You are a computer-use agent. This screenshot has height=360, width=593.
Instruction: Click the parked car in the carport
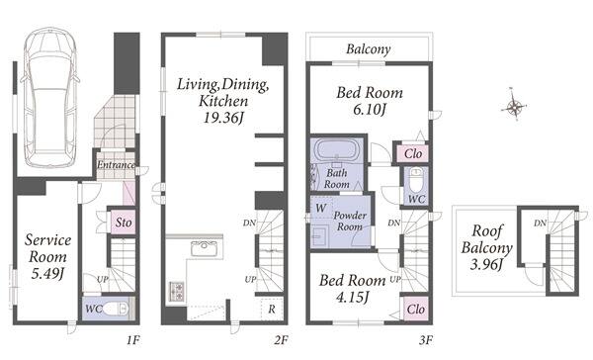click(50, 97)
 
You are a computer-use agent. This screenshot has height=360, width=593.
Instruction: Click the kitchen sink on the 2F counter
click(205, 248)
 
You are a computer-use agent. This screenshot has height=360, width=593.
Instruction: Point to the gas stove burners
click(176, 291)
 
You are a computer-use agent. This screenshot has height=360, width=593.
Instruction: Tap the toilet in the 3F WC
click(416, 177)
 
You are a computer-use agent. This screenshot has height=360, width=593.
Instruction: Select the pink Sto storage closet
click(124, 222)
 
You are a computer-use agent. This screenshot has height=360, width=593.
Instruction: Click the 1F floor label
click(132, 340)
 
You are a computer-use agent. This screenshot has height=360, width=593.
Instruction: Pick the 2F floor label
click(281, 340)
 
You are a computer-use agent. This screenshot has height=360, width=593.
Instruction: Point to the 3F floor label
click(425, 340)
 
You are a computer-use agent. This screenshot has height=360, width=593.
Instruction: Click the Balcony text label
click(369, 49)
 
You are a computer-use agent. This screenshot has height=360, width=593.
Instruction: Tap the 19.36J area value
click(223, 118)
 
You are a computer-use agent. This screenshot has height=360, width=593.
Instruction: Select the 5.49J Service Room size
click(46, 274)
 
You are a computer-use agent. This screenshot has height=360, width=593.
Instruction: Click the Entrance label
click(116, 165)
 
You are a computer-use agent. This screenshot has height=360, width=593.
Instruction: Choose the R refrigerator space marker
click(272, 309)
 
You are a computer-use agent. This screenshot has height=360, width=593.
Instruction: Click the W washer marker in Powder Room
click(320, 208)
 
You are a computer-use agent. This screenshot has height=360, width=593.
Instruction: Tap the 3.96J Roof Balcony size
click(486, 264)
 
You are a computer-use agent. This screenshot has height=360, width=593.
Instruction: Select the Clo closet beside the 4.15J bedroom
click(416, 309)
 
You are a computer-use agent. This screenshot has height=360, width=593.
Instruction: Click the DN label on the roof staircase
click(540, 224)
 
